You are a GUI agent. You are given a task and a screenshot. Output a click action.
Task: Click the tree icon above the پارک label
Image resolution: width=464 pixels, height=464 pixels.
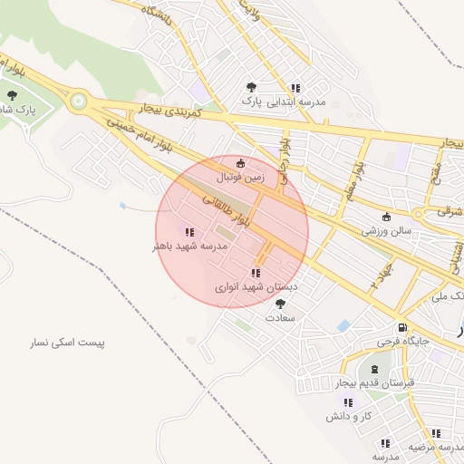click(251, 87)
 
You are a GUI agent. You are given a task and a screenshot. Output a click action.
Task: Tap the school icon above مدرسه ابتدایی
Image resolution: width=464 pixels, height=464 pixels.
click(295, 88)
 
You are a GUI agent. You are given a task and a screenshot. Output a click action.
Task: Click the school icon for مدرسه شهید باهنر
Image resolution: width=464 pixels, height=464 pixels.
click(188, 232)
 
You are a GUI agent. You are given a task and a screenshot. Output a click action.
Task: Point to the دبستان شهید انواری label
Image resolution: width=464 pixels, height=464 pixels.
click(256, 286)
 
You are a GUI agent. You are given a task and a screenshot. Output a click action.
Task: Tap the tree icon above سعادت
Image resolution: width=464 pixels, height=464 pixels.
click(280, 304)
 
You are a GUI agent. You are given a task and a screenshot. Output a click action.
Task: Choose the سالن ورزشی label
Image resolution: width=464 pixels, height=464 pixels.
click(387, 231)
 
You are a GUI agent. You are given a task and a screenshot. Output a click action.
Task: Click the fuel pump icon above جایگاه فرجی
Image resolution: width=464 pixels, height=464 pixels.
click(400, 327)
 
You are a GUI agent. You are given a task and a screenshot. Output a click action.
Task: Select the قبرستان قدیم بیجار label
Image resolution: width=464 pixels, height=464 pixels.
click(375, 383)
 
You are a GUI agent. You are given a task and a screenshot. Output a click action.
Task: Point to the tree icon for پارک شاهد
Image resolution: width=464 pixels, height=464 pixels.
click(12, 94)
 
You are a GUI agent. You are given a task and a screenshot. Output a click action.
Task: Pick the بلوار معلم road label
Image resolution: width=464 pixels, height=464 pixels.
click(353, 186)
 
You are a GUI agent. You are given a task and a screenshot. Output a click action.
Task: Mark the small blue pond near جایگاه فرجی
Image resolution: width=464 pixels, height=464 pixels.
click(343, 324)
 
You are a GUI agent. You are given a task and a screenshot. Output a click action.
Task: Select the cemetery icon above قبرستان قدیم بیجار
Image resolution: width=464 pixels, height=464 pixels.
click(375, 369)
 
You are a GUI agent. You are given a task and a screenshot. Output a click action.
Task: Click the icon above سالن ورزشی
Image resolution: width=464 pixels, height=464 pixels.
click(387, 217)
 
